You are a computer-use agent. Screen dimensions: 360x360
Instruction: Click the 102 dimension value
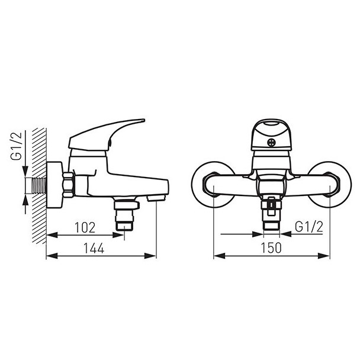tap(85, 227)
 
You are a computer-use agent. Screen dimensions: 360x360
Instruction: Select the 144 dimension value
tap(94, 248)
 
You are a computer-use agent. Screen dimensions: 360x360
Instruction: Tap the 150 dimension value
tap(271, 248)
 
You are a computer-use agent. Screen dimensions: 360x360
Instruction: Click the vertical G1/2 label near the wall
tap(17, 146)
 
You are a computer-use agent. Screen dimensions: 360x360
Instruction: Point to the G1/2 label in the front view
tap(309, 227)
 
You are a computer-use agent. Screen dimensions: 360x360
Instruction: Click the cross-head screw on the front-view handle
tap(271, 143)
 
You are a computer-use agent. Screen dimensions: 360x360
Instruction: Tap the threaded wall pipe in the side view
tap(40, 185)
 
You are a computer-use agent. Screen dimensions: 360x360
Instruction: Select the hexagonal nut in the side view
tap(68, 185)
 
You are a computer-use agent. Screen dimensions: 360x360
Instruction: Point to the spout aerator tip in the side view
tap(156, 198)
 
